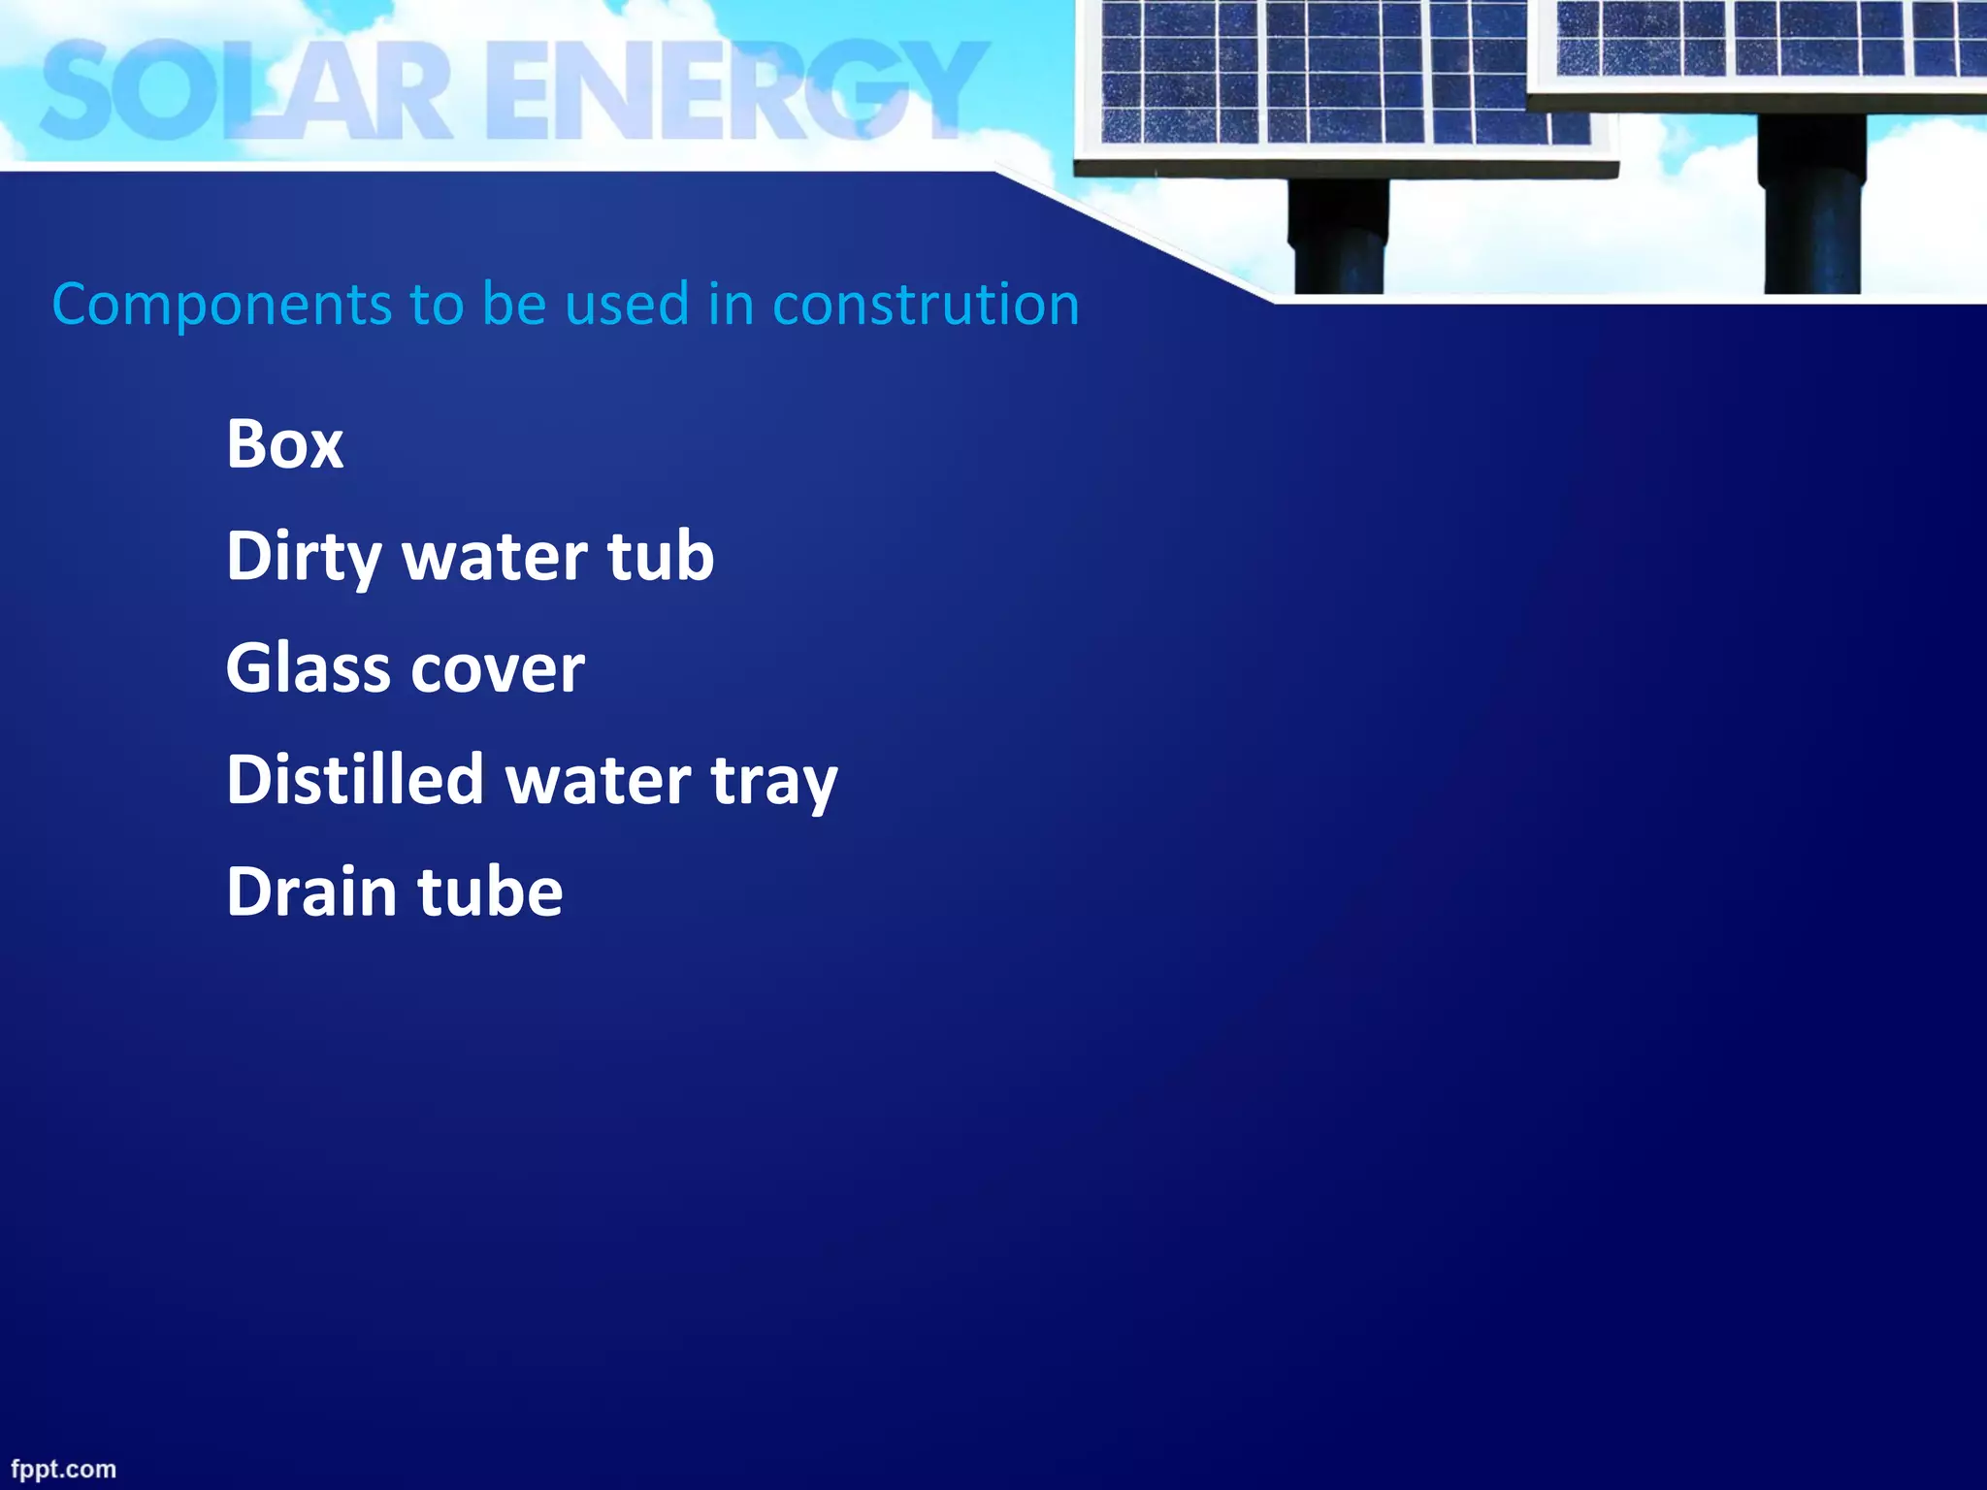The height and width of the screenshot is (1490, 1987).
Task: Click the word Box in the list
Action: (284, 444)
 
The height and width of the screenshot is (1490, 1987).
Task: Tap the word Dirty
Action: (304, 557)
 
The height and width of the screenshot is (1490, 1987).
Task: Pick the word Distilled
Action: (355, 780)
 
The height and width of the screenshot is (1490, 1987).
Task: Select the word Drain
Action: (311, 891)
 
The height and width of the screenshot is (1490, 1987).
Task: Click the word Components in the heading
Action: (222, 305)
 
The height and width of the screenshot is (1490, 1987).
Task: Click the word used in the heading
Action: (627, 305)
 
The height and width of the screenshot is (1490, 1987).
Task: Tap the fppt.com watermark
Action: (63, 1469)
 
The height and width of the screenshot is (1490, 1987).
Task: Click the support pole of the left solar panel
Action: (1338, 238)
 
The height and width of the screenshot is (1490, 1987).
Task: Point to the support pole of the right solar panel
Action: (1811, 209)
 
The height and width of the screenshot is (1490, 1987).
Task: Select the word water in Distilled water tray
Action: (599, 782)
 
